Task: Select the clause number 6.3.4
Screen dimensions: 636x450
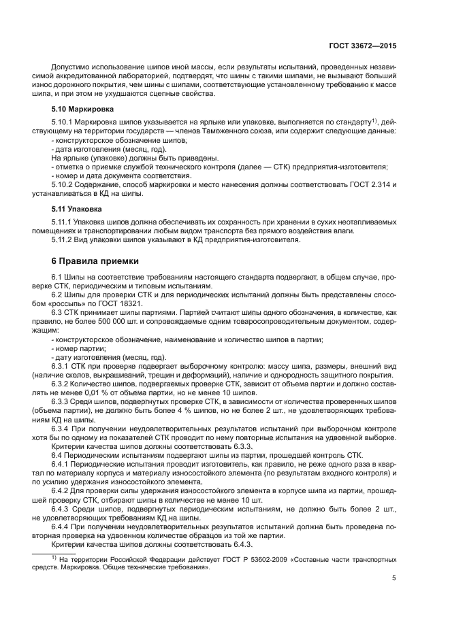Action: click(x=62, y=430)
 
